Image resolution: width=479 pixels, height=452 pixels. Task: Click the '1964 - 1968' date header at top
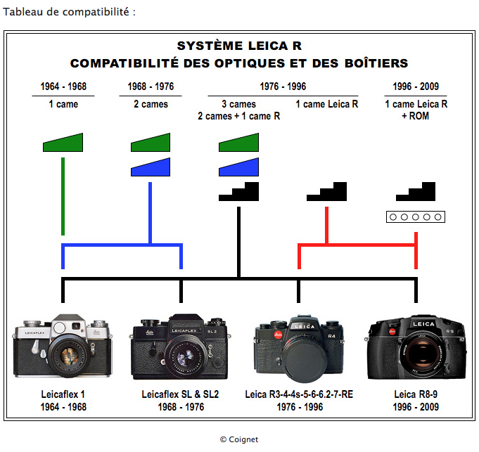(x=63, y=87)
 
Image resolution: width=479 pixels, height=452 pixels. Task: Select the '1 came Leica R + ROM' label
(x=416, y=110)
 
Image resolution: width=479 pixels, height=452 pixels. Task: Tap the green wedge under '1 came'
(x=63, y=143)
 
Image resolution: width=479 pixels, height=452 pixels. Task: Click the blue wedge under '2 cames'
(x=151, y=167)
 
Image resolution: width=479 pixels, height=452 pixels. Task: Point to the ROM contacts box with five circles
(x=416, y=217)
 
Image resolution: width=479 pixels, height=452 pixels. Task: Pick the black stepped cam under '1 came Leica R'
(x=327, y=192)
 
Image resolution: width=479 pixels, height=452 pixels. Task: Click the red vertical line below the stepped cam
(x=327, y=225)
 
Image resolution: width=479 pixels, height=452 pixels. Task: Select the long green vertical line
(x=63, y=197)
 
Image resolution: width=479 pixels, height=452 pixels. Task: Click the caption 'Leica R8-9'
(x=416, y=394)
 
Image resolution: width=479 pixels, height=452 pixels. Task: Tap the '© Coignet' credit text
(x=239, y=439)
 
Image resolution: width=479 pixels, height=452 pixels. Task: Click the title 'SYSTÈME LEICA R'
(x=239, y=47)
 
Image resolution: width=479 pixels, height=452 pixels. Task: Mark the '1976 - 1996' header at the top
(x=282, y=87)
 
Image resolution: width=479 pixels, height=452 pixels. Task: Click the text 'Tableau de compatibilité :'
(x=69, y=12)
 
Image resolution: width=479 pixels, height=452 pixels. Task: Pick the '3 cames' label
(x=238, y=104)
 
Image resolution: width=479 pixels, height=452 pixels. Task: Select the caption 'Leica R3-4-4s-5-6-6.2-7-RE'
(x=299, y=394)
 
